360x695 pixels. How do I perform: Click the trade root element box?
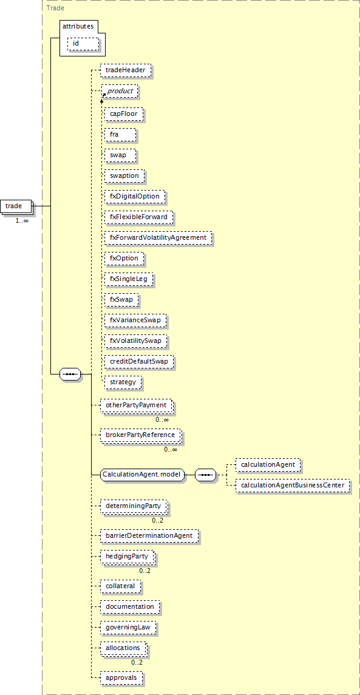pyautogui.click(x=16, y=206)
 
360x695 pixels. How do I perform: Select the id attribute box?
pyautogui.click(x=83, y=44)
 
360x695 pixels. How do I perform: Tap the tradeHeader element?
pyautogui.click(x=126, y=70)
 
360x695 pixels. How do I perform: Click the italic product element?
pyautogui.click(x=120, y=91)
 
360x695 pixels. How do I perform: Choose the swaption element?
pyautogui.click(x=124, y=175)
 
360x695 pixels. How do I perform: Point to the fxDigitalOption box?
pyautogui.click(x=135, y=196)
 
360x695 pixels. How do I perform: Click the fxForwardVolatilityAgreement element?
pyautogui.click(x=158, y=237)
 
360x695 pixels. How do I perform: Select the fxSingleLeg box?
pyautogui.click(x=129, y=279)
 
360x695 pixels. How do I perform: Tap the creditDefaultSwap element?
pyautogui.click(x=139, y=361)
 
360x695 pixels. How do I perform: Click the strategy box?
pyautogui.click(x=123, y=382)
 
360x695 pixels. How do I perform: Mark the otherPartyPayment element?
pyautogui.click(x=135, y=405)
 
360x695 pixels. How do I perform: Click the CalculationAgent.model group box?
pyautogui.click(x=142, y=475)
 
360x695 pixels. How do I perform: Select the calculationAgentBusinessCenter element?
pyautogui.click(x=293, y=486)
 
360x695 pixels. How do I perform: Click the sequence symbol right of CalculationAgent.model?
pyautogui.click(x=205, y=475)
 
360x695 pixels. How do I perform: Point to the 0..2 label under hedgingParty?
pyautogui.click(x=144, y=571)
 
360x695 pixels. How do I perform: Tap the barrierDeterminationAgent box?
pyautogui.click(x=149, y=535)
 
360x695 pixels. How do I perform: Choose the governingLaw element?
pyautogui.click(x=127, y=628)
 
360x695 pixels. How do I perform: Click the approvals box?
pyautogui.click(x=121, y=678)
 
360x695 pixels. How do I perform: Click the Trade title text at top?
pyautogui.click(x=55, y=7)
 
